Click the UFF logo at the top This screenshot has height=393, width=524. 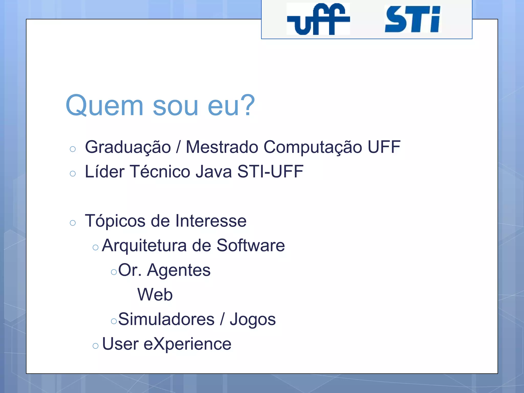[x=318, y=19]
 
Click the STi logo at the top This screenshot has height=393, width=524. [x=412, y=19]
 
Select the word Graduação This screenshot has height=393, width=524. [x=128, y=147]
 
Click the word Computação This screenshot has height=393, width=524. [x=313, y=147]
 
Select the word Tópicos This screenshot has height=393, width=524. [x=115, y=221]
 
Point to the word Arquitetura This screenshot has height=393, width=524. [x=144, y=245]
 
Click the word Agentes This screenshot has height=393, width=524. [x=179, y=270]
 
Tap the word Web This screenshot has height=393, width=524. [x=155, y=294]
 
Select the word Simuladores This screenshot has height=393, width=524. [x=166, y=319]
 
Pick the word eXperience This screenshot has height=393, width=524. [x=187, y=344]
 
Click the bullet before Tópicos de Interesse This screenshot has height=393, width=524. [x=73, y=223]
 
